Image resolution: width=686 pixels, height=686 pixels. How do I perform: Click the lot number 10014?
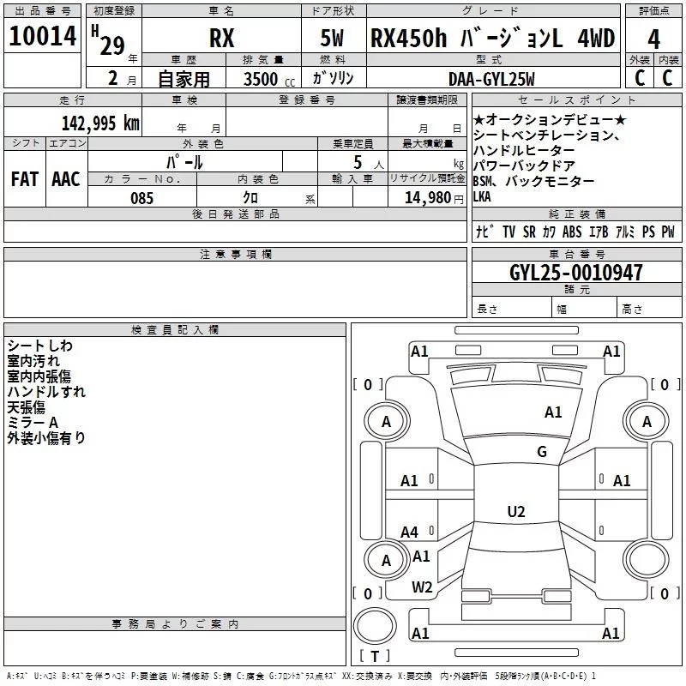(x=42, y=37)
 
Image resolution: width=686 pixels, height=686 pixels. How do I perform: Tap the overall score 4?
(x=653, y=39)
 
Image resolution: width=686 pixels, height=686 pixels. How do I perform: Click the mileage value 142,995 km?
(x=99, y=123)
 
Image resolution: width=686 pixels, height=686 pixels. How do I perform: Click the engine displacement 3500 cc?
(x=265, y=79)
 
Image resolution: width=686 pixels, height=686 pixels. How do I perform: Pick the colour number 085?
(x=141, y=198)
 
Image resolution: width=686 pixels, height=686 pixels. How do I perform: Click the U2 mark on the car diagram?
(x=515, y=512)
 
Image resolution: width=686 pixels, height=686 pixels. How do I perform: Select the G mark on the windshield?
(x=541, y=452)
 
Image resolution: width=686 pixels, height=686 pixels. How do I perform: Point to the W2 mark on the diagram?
(x=421, y=587)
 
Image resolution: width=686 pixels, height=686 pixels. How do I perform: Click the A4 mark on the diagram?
(x=409, y=533)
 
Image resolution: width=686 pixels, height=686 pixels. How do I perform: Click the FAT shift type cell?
(x=24, y=178)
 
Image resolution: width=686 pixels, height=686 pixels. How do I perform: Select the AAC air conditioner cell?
(x=66, y=178)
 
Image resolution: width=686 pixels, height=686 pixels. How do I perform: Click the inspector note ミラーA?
(x=32, y=422)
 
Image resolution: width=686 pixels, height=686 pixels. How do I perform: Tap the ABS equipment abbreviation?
(x=572, y=232)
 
